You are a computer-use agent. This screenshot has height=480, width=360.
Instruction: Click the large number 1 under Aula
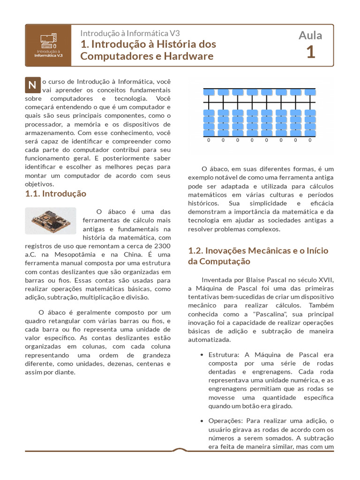(x=310, y=52)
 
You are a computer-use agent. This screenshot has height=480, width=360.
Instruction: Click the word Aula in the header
(x=310, y=36)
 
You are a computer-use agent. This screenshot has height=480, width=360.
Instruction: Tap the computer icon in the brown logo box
(x=49, y=41)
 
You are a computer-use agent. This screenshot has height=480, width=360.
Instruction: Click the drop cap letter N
(x=32, y=85)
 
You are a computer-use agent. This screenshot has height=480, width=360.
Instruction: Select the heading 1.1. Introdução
(x=55, y=194)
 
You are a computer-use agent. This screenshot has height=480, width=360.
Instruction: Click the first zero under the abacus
(x=209, y=140)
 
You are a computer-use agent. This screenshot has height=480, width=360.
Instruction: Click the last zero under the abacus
(x=310, y=140)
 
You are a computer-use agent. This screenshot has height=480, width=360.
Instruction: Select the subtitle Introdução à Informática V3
(x=130, y=33)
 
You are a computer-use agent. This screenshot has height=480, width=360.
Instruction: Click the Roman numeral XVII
(x=325, y=280)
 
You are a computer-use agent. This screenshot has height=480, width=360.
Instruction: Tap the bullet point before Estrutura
(x=202, y=355)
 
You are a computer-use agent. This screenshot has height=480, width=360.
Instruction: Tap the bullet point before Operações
(x=202, y=421)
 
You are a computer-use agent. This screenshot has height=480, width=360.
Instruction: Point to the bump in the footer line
(x=180, y=450)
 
